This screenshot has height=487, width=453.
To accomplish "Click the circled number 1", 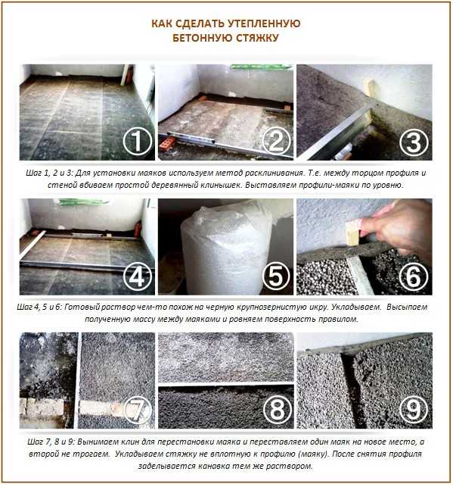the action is click(138, 142).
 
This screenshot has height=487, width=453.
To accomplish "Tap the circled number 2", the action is click(276, 142).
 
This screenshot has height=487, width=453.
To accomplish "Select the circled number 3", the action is click(414, 142).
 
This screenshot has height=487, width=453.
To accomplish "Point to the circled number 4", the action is click(138, 276).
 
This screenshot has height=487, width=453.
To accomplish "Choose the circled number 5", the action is click(276, 276).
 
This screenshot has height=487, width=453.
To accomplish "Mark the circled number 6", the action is click(414, 276).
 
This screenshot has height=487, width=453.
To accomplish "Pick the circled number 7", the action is click(138, 410).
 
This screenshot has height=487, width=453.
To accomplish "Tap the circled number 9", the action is click(414, 410).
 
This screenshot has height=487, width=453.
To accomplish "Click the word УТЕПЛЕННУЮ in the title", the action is click(264, 24).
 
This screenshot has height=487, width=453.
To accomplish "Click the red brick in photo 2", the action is click(168, 144).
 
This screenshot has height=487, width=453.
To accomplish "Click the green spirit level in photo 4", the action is click(84, 202).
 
